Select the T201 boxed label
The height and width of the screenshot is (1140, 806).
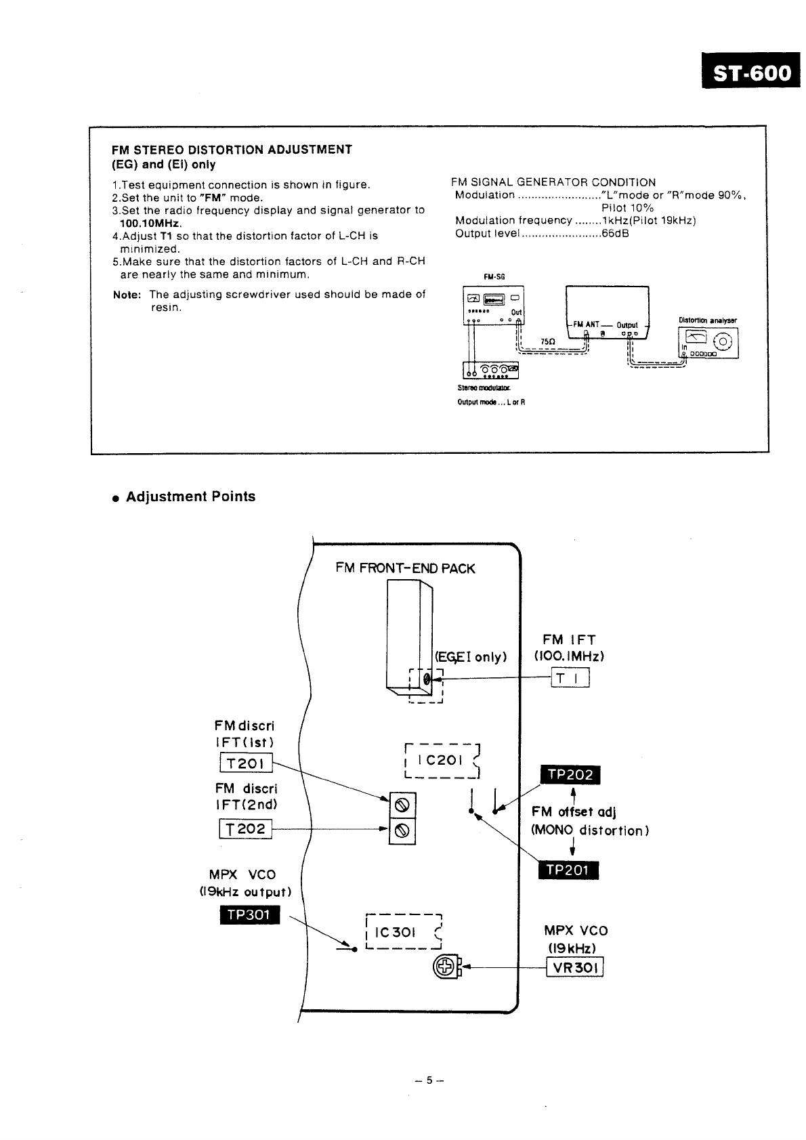click(x=245, y=763)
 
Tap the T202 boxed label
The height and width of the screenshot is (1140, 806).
click(x=245, y=828)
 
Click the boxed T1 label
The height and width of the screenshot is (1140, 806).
click(x=571, y=677)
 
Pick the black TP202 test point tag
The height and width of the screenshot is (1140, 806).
click(x=570, y=775)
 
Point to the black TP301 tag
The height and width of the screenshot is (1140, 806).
click(x=249, y=915)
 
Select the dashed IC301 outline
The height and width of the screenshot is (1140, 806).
click(x=403, y=932)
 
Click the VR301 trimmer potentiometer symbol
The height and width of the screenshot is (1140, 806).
click(x=445, y=967)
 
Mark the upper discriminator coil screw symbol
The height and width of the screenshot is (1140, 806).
click(x=402, y=805)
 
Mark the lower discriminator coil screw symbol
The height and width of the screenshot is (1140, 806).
click(x=402, y=831)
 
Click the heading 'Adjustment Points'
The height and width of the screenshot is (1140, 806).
click(x=190, y=497)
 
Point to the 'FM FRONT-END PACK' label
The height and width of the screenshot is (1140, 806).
click(x=405, y=568)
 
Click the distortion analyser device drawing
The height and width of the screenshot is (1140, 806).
click(x=708, y=342)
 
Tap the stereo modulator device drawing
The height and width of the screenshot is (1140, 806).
click(x=491, y=370)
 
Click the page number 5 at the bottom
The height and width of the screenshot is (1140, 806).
click(x=429, y=1081)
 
